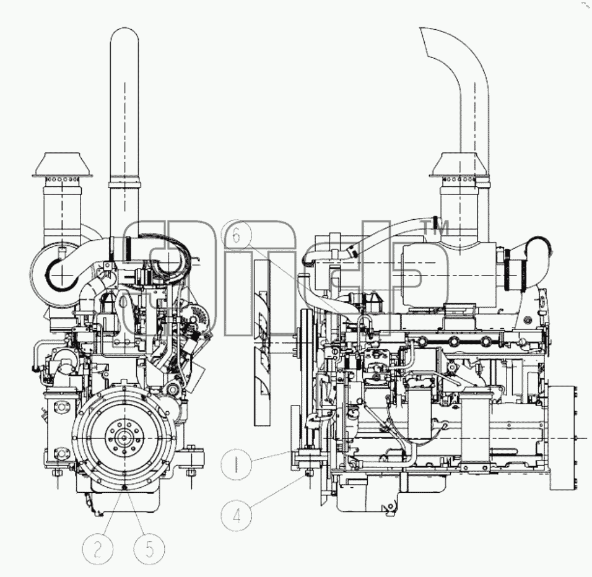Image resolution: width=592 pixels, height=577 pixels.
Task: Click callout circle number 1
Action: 236,464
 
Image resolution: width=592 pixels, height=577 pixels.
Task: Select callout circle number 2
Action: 98,550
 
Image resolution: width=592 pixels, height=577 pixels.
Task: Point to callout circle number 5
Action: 149,550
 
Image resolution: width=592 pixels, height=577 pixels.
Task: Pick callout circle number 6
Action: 236,235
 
